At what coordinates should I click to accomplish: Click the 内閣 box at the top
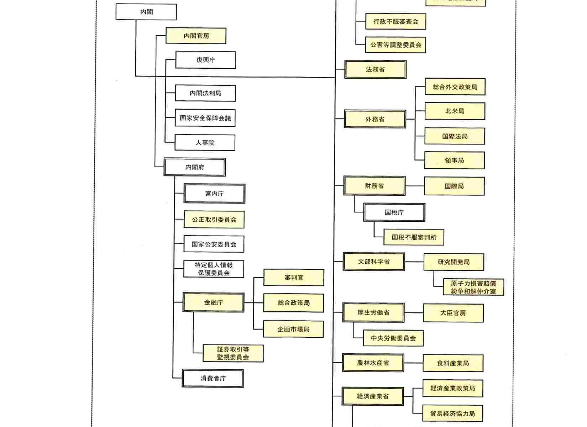click(x=146, y=12)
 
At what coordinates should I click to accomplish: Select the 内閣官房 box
click(x=196, y=36)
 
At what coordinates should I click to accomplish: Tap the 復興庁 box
click(x=205, y=60)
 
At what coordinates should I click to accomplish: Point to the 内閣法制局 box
click(x=205, y=93)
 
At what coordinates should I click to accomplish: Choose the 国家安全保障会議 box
click(x=205, y=118)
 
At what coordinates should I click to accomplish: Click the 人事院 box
click(x=205, y=142)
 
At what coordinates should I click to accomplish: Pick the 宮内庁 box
click(x=214, y=194)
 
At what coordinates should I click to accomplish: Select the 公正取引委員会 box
click(x=214, y=220)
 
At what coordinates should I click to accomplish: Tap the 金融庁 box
click(x=213, y=302)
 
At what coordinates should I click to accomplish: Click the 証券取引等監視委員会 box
click(x=233, y=353)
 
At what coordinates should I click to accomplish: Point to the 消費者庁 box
click(x=213, y=378)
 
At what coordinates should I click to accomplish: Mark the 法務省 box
click(x=375, y=69)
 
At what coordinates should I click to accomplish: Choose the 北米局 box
click(x=455, y=111)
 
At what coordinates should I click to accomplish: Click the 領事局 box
click(x=454, y=160)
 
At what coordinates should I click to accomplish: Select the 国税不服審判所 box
click(x=414, y=237)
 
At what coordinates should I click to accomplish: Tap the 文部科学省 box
click(x=374, y=262)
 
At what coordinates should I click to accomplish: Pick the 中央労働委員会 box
click(x=393, y=338)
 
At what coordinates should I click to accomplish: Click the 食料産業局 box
click(x=453, y=363)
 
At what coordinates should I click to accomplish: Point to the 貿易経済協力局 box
click(x=452, y=413)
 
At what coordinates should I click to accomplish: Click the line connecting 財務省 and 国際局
click(x=415, y=186)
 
